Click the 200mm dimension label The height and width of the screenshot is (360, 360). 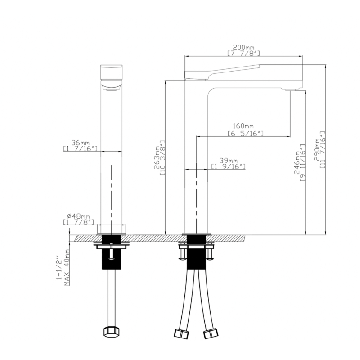[x=244, y=48]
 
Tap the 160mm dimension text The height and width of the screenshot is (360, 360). [x=243, y=126]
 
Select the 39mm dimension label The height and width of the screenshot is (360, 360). [x=229, y=161]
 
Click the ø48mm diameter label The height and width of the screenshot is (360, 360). [x=78, y=216]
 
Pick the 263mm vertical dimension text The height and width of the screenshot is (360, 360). [x=157, y=157]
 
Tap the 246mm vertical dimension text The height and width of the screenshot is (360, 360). [x=297, y=163]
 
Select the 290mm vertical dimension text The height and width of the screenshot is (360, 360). [x=318, y=150]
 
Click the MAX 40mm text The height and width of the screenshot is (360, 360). [x=67, y=267]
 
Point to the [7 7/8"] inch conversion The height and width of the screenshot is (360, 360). [x=244, y=54]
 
